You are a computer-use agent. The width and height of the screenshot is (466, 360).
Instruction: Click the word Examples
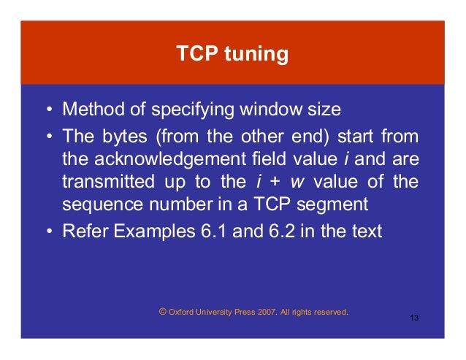(x=142, y=232)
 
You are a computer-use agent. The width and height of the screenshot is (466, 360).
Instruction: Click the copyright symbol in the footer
(x=162, y=310)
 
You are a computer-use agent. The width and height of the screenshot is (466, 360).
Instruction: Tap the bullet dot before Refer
(x=48, y=233)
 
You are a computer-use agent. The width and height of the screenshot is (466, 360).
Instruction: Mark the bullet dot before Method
(x=48, y=111)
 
